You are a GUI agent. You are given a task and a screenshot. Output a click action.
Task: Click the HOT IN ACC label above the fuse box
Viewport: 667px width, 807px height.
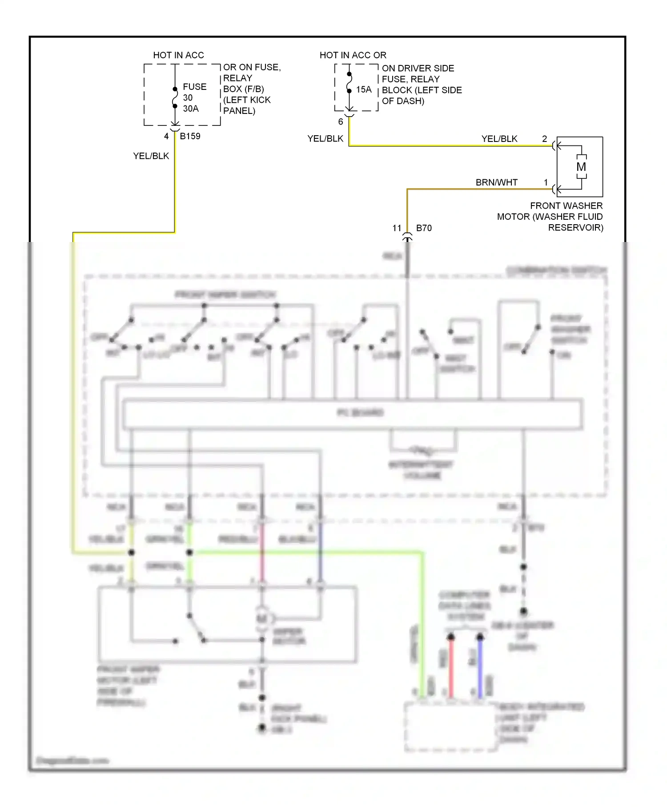point(178,55)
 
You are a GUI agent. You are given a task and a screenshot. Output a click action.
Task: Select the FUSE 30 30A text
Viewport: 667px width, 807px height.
point(194,97)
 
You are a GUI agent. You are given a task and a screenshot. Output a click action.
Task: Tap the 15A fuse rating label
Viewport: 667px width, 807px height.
point(363,89)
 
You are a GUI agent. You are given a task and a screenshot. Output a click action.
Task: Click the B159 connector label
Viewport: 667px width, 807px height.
point(190,136)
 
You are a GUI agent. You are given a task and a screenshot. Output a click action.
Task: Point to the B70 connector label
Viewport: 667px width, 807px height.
point(423,228)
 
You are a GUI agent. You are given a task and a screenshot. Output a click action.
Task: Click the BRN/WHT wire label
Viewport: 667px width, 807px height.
point(496,182)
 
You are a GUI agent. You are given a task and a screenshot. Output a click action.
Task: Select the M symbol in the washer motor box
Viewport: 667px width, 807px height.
point(581,167)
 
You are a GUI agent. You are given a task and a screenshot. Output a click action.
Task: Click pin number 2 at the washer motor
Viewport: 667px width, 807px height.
point(544,139)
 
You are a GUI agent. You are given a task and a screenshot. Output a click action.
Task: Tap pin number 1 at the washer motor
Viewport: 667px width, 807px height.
point(546,182)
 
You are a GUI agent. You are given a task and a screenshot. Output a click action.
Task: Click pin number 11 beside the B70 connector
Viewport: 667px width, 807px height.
point(397,228)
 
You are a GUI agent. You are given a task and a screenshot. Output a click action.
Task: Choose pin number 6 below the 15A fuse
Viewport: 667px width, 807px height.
point(341,121)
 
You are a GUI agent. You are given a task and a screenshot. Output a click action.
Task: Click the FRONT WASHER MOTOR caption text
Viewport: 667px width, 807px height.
point(550,217)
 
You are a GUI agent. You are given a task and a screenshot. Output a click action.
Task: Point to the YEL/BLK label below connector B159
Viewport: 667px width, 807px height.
point(151,156)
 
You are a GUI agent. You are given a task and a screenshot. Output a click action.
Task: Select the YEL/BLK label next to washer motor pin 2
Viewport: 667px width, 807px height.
point(499,139)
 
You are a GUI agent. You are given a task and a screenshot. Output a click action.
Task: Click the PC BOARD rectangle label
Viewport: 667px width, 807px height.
point(360,413)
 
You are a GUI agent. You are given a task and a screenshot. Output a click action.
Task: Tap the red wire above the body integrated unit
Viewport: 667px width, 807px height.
point(451,667)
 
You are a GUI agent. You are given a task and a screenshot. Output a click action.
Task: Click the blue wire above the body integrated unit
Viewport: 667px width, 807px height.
point(480,667)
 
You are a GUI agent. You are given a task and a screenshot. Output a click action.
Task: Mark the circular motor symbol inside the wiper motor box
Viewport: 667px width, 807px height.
point(262,618)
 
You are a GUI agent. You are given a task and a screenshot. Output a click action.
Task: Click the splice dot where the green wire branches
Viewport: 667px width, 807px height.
point(189,553)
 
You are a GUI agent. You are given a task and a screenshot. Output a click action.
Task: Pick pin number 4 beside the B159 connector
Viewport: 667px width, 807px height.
point(166,136)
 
